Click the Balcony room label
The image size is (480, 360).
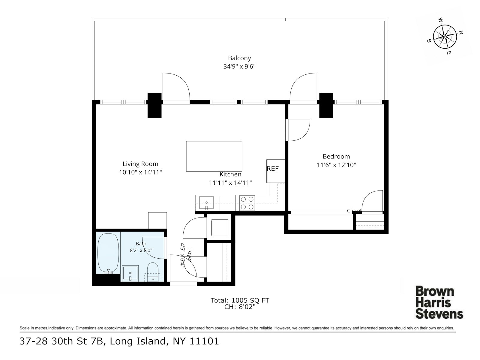click(x=239, y=58)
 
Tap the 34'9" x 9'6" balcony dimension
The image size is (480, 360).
click(x=239, y=66)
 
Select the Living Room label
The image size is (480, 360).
click(x=140, y=164)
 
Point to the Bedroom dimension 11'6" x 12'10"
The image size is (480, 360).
click(x=336, y=165)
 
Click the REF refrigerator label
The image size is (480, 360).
click(x=273, y=169)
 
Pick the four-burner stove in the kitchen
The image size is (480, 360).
click(x=247, y=203)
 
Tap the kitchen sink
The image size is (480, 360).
click(x=206, y=202)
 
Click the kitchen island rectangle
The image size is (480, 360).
click(x=214, y=156)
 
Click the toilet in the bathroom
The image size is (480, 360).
click(x=153, y=272)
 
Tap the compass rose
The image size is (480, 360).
click(x=445, y=37)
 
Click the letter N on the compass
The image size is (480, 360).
click(x=461, y=33)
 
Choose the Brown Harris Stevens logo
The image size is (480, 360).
click(x=439, y=303)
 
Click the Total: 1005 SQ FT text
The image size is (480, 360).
click(x=240, y=301)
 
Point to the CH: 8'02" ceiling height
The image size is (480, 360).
click(x=240, y=307)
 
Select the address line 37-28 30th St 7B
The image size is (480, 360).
click(x=61, y=341)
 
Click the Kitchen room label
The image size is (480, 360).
click(x=230, y=174)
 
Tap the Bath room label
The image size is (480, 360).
click(x=141, y=244)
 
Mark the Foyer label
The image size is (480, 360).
click(x=190, y=255)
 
